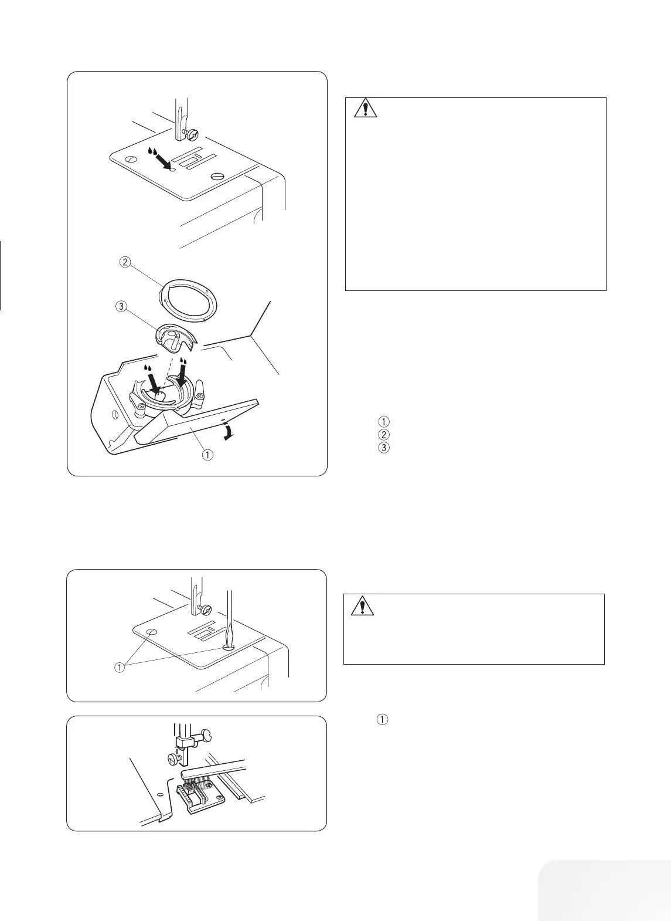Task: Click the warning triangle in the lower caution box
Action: (363, 605)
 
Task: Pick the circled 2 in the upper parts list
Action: (383, 434)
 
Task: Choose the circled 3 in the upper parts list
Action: (383, 447)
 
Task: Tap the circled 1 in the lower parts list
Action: (383, 719)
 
